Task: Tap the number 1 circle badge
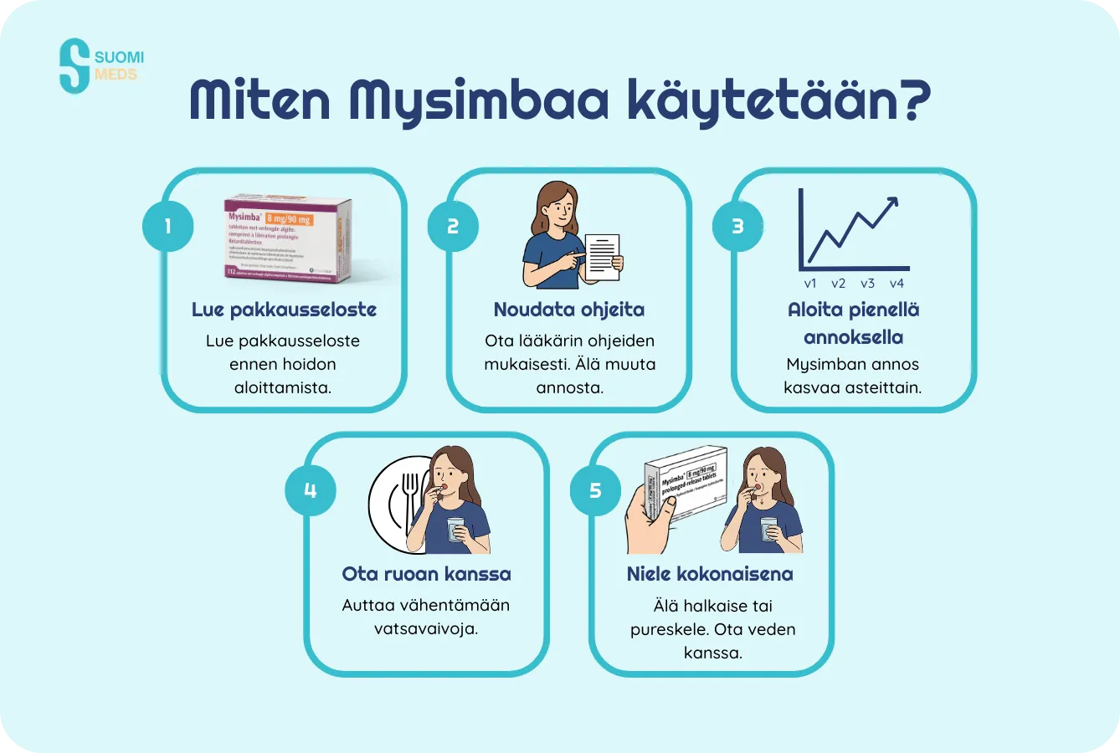pos(167,226)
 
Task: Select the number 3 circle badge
pos(737,226)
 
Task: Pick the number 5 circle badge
pos(595,490)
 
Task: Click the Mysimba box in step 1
pos(290,238)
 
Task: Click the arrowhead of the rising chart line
pos(892,202)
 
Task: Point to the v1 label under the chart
pos(810,284)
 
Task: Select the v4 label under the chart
pos(897,284)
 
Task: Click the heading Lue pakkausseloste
pos(284,310)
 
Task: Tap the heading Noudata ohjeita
pos(569,310)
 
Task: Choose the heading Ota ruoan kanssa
pos(426,574)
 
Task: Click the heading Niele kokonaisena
pos(710,574)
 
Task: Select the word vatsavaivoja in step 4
pos(426,628)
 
